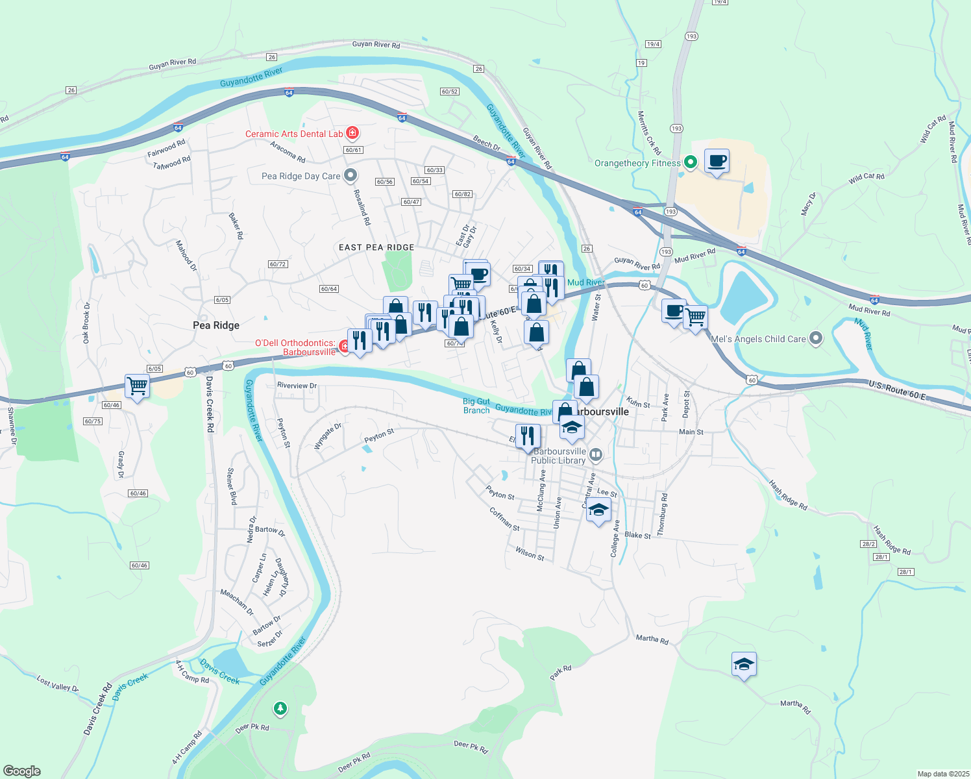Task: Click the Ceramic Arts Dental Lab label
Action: click(x=294, y=134)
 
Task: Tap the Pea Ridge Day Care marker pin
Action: click(x=350, y=175)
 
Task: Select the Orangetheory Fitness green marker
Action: click(x=691, y=162)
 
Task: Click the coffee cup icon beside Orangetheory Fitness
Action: click(x=717, y=161)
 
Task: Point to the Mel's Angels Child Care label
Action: click(x=758, y=339)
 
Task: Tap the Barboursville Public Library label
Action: click(x=558, y=456)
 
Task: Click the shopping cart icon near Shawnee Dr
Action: click(x=138, y=386)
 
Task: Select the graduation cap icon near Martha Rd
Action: click(x=744, y=664)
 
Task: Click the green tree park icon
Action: click(x=280, y=708)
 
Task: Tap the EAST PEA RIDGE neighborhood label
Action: click(x=376, y=247)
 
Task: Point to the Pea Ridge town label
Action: click(x=216, y=325)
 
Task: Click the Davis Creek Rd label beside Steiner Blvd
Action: click(x=209, y=404)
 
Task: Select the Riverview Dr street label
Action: click(x=297, y=386)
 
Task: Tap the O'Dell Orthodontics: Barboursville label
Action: click(x=296, y=347)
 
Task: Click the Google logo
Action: click(x=21, y=771)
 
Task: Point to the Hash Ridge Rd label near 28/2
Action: click(x=891, y=540)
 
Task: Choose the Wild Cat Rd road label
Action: click(x=867, y=178)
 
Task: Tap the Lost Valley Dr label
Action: click(x=57, y=684)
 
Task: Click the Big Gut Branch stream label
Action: click(x=476, y=406)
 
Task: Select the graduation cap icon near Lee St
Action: click(x=598, y=510)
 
